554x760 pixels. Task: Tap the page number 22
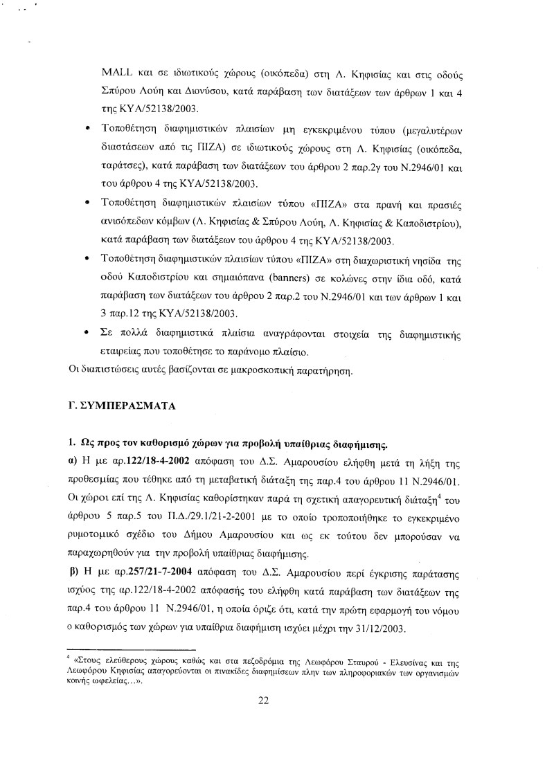pos(263,700)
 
